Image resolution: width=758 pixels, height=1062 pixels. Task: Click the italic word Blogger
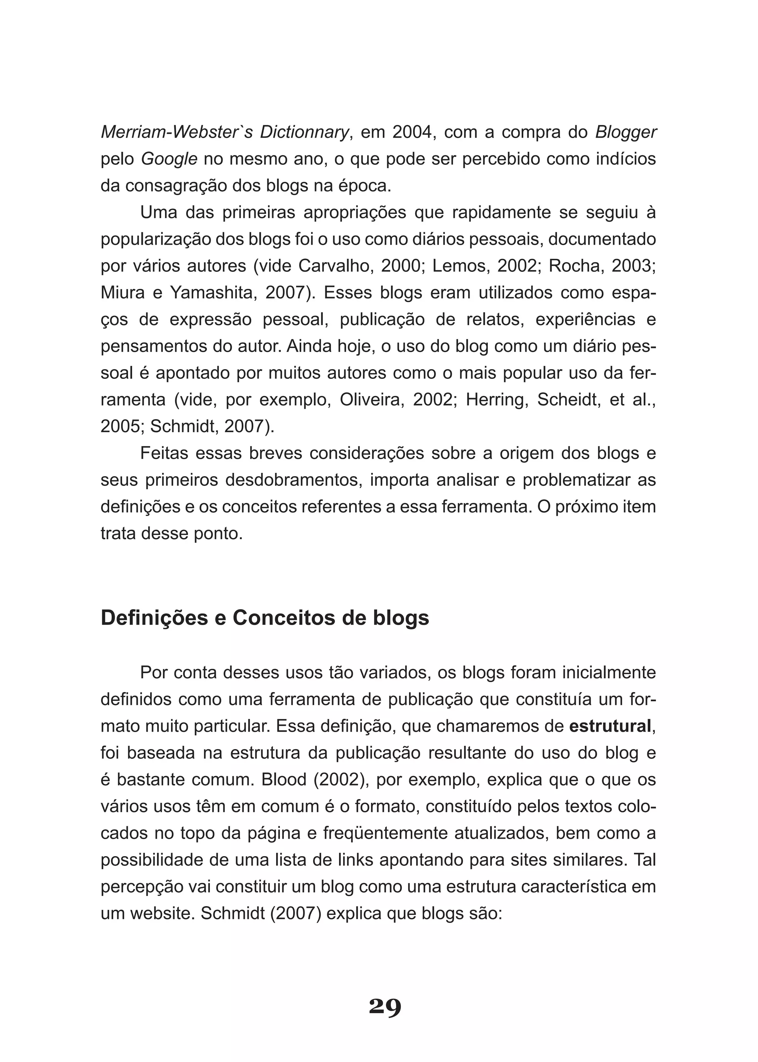pos(625,133)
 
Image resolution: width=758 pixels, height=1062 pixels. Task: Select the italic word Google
pos(169,159)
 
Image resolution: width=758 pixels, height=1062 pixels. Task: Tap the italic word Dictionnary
pos(303,133)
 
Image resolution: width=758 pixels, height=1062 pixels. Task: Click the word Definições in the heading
pos(154,618)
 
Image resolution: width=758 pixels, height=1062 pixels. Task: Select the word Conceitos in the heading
pos(284,618)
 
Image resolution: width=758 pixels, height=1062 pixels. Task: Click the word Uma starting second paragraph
pos(159,213)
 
